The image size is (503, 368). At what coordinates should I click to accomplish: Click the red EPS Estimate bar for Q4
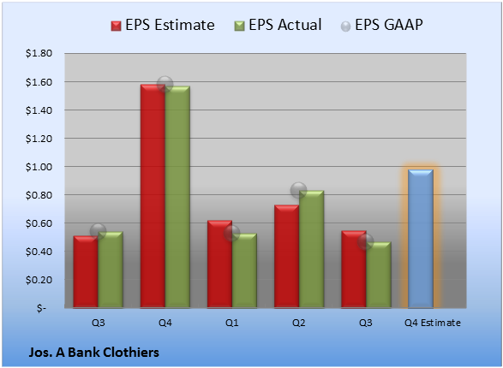[153, 196]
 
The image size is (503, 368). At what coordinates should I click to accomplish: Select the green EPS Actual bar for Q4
[177, 197]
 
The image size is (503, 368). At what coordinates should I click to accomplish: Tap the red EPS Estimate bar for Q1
[219, 264]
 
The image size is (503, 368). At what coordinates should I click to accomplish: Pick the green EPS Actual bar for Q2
[311, 249]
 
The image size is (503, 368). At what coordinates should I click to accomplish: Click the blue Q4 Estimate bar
[421, 239]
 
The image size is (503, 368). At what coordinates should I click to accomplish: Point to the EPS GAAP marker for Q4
[165, 85]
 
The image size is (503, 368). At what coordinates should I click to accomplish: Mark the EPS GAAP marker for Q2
[299, 190]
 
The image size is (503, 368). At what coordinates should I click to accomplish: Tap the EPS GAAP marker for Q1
[232, 233]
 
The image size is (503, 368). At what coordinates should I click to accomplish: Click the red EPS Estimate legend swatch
[117, 26]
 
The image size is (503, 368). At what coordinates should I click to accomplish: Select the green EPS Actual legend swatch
[240, 26]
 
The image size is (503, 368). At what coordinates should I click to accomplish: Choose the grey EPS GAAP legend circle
[345, 27]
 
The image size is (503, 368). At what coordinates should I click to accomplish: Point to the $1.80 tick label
[39, 53]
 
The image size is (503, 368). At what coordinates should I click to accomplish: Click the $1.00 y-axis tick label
[39, 167]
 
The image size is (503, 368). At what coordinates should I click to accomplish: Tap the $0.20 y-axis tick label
[39, 280]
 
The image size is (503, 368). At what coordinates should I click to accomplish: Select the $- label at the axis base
[41, 308]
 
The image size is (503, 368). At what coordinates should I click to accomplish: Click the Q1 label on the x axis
[232, 323]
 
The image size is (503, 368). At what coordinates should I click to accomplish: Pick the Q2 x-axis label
[299, 323]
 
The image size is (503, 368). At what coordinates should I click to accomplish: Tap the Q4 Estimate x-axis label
[433, 323]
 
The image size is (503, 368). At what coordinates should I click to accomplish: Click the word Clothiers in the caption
[131, 353]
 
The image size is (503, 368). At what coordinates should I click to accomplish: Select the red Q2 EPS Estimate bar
[286, 256]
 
